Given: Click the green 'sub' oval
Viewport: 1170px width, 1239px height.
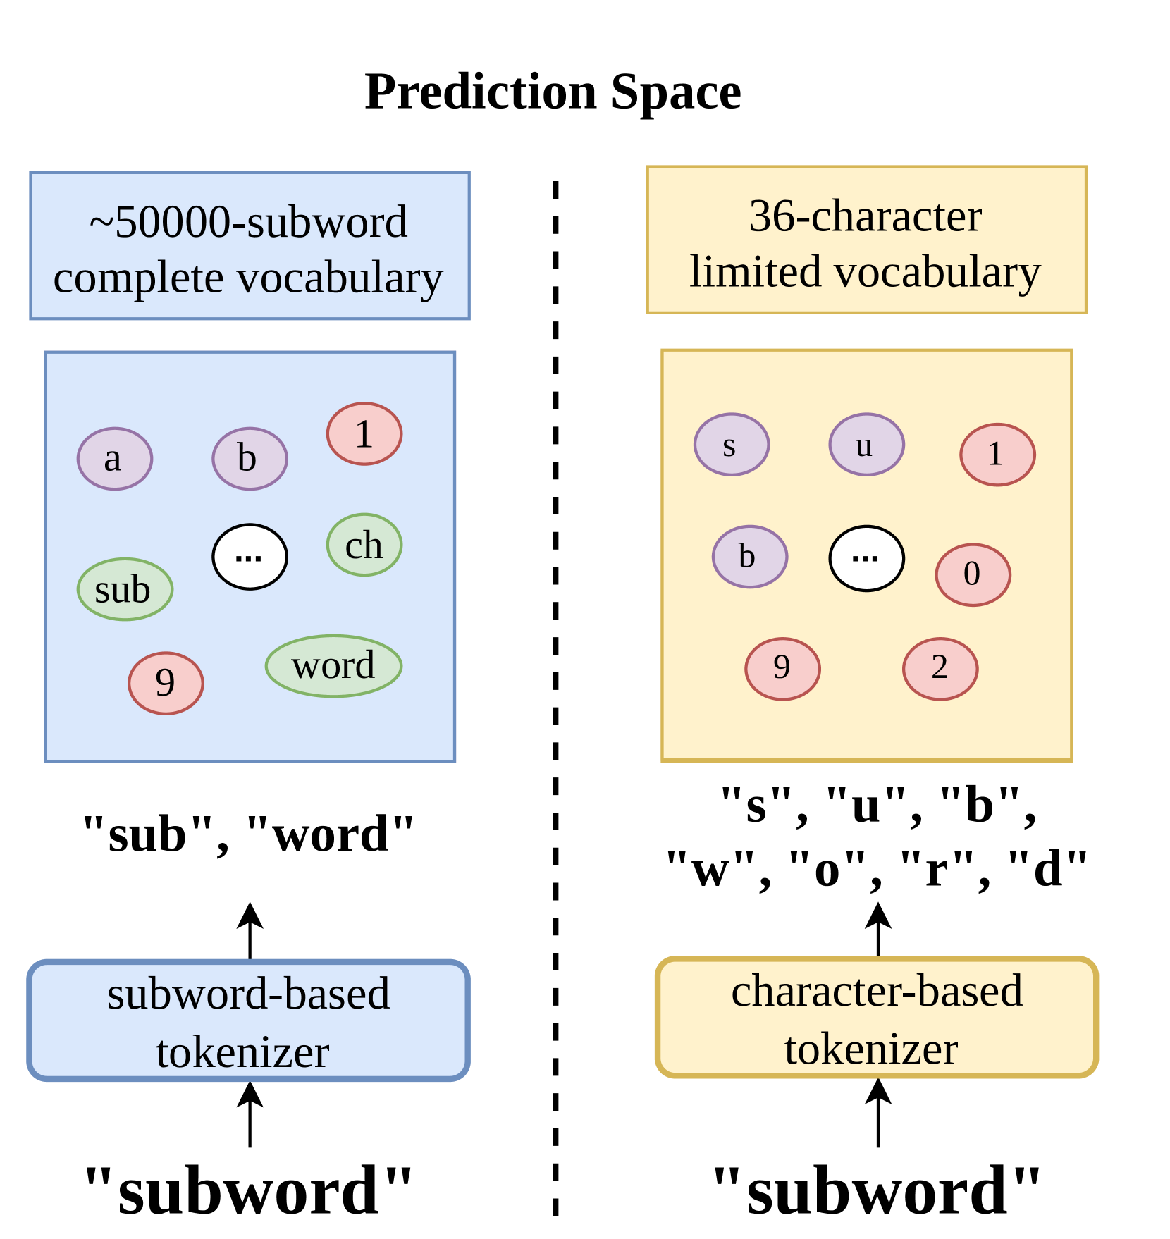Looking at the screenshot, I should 125,589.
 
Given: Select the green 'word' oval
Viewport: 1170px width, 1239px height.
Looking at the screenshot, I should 333,666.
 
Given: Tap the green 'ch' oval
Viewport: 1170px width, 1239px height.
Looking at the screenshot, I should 364,545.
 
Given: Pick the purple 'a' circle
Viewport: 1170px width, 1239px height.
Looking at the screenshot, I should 115,459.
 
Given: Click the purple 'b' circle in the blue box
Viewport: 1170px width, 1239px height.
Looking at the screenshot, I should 250,459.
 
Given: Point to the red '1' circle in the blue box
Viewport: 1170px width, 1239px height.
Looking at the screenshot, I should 364,433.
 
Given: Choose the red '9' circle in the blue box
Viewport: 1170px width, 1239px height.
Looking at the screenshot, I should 166,683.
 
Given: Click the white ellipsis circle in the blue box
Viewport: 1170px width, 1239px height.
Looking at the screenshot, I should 250,557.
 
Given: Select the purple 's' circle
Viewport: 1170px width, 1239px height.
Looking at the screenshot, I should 732,445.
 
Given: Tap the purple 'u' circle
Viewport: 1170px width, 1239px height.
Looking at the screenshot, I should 866,445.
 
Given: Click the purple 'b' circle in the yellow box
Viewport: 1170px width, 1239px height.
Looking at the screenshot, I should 750,557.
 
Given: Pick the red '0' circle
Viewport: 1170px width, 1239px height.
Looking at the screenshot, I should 973,574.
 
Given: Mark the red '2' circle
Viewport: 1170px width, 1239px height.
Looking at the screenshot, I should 940,669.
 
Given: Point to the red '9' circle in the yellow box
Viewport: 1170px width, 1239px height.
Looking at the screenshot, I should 782,669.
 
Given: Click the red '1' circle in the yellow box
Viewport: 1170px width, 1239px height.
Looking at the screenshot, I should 997,455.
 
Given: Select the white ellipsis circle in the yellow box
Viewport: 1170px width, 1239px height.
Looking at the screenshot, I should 866,558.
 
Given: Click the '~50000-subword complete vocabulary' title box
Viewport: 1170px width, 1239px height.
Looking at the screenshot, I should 250,245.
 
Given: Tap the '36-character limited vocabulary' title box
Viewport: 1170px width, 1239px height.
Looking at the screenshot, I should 866,240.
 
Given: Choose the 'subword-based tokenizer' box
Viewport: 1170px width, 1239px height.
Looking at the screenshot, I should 248,1020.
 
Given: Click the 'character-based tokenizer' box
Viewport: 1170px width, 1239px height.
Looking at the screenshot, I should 877,1017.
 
